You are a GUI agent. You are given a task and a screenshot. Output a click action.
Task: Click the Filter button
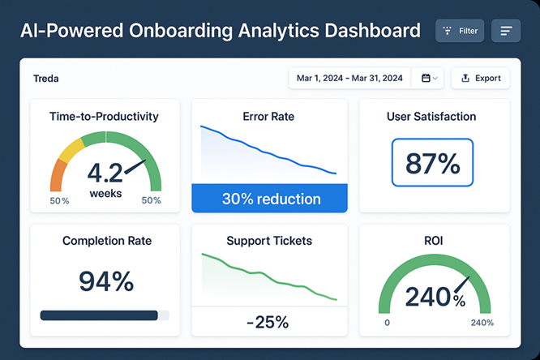(460, 31)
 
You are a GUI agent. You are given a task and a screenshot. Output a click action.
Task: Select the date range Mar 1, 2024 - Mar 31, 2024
(349, 78)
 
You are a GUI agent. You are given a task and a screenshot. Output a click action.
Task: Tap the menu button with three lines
(506, 31)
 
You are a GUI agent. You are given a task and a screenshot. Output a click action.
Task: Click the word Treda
(46, 79)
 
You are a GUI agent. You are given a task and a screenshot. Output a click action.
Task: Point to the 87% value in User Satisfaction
(433, 165)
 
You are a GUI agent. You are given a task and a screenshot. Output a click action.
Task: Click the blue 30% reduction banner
(270, 199)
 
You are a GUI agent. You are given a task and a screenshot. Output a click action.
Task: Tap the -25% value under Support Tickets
(268, 321)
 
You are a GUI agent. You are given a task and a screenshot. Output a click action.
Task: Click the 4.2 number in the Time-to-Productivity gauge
(104, 173)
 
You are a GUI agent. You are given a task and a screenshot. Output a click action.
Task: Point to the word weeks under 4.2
(105, 193)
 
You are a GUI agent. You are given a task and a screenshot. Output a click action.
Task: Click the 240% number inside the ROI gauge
(434, 298)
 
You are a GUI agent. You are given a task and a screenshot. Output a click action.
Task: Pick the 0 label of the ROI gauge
(387, 323)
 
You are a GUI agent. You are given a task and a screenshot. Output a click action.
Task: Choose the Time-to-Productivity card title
(104, 117)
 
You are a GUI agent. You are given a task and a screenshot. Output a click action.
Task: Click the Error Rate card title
(268, 117)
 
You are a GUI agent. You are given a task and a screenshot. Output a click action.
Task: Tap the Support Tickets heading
(269, 241)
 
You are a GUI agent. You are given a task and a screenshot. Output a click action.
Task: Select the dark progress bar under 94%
(99, 315)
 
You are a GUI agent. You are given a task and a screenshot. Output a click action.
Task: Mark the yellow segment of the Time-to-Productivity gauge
(71, 149)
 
